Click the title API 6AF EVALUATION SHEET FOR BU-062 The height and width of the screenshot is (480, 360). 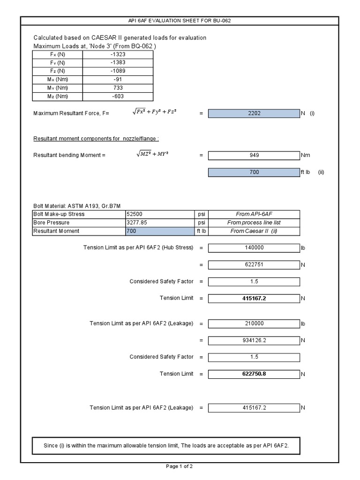[x=180, y=21]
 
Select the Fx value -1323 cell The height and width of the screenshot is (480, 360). [x=118, y=54]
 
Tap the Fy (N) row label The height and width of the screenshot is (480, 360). [x=57, y=63]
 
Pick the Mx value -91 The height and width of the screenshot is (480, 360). [x=118, y=80]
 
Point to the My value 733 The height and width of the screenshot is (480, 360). [x=118, y=88]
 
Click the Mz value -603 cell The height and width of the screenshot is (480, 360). [x=118, y=97]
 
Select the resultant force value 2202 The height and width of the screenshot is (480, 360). [x=254, y=113]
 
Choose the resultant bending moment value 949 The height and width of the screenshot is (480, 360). [x=254, y=155]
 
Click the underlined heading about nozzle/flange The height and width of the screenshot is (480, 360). [x=96, y=139]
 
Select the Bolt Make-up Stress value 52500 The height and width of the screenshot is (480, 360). [x=160, y=214]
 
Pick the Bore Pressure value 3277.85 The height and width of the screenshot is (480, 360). [x=160, y=223]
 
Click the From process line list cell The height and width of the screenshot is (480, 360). [x=254, y=223]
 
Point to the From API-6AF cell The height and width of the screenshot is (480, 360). [x=254, y=214]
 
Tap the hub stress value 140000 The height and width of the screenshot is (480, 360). [x=254, y=247]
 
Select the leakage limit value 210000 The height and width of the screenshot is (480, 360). [x=254, y=323]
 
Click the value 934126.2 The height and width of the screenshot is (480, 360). [x=254, y=340]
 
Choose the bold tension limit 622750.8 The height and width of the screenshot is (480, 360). [x=254, y=374]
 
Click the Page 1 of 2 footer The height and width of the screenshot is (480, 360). [x=180, y=466]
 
